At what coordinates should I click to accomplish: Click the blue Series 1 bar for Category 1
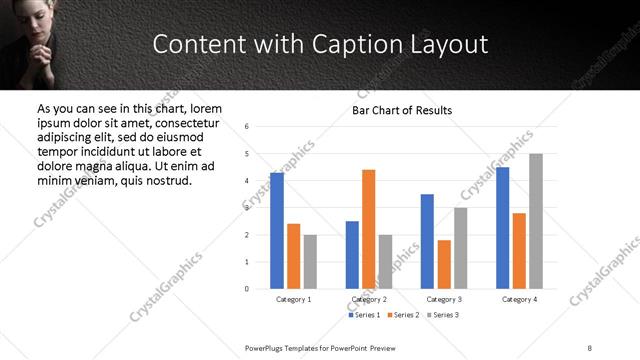coord(277,230)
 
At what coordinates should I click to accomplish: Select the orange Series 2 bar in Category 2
coord(368,229)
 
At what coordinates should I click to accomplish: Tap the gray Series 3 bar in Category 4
coord(536,221)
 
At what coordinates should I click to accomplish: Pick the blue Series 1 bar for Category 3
coord(427,241)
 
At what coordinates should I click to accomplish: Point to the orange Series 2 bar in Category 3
coord(444,264)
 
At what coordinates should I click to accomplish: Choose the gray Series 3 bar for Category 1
coord(310,261)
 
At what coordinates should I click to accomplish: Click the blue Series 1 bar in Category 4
coord(502,228)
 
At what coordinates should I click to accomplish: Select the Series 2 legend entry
coord(402,315)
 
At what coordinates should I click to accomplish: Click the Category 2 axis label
coord(369,299)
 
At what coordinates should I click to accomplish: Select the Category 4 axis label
coord(519,299)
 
